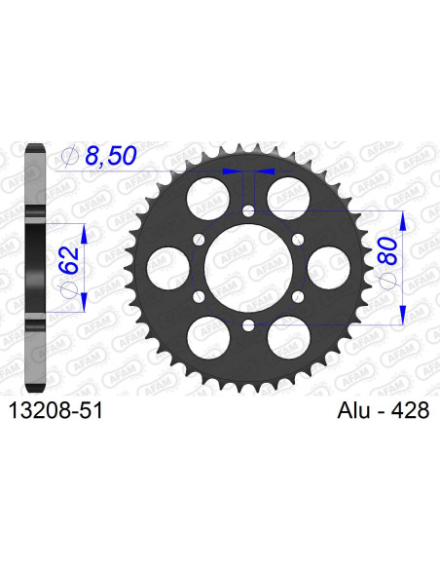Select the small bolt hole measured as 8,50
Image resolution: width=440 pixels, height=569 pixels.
(x=247, y=210)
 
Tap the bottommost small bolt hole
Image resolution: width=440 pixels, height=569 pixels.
(x=247, y=323)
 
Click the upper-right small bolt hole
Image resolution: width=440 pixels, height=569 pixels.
(x=296, y=238)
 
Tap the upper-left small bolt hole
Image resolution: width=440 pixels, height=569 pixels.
(x=199, y=238)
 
